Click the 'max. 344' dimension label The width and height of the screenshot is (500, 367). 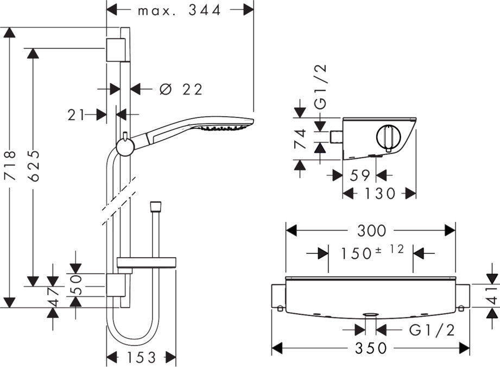click(x=179, y=10)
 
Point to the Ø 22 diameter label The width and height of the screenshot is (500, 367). click(x=181, y=89)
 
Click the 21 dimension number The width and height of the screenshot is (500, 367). click(x=76, y=115)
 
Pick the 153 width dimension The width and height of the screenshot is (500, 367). click(x=141, y=357)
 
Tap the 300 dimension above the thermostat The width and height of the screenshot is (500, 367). click(x=371, y=231)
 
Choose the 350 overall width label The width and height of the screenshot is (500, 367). click(x=371, y=348)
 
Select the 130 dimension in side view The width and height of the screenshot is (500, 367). click(x=379, y=193)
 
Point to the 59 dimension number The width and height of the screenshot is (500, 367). click(x=359, y=176)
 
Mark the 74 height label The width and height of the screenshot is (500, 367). click(x=300, y=139)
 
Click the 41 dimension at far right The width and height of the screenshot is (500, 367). click(x=493, y=296)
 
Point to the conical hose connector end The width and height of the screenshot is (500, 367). click(x=156, y=207)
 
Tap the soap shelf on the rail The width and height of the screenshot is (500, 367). click(x=147, y=262)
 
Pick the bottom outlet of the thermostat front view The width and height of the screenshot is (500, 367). click(x=371, y=315)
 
